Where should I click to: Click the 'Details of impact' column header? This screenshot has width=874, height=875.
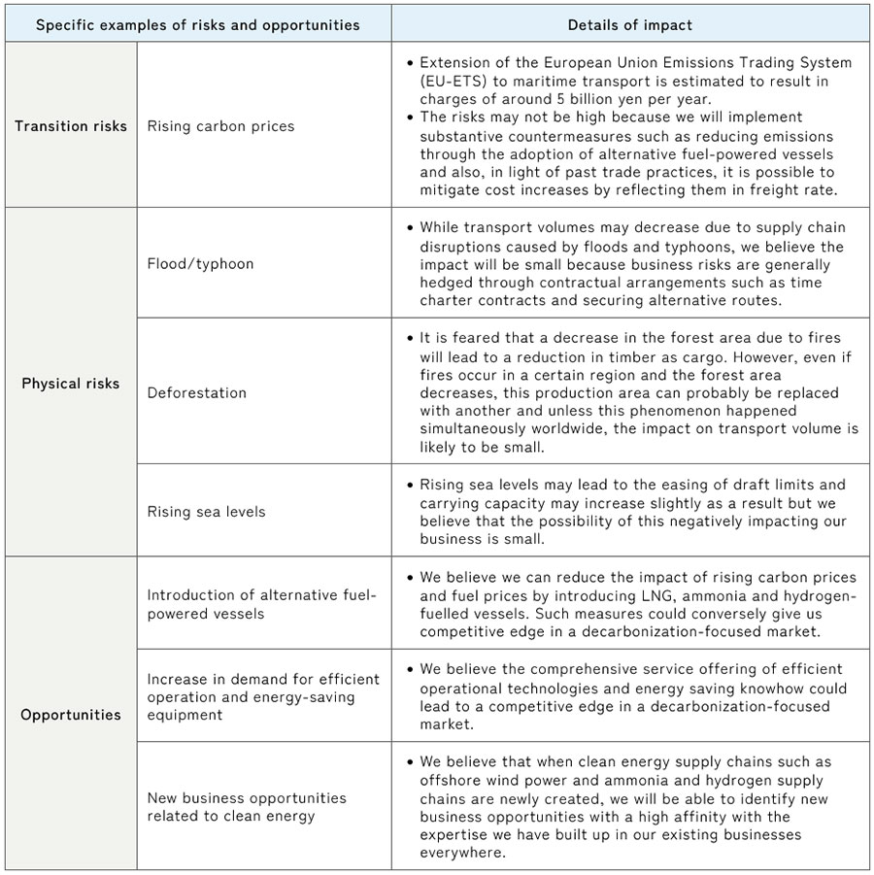click(630, 24)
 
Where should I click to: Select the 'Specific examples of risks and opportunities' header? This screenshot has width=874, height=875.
click(197, 24)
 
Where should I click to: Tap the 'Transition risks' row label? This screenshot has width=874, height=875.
click(71, 125)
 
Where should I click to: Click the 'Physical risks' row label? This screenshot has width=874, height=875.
click(71, 383)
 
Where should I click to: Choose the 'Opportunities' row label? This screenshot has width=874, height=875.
click(71, 715)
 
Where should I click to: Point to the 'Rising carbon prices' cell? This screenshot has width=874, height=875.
click(220, 125)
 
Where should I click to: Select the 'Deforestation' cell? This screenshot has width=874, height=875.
click(197, 392)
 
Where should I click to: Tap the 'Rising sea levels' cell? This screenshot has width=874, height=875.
click(206, 512)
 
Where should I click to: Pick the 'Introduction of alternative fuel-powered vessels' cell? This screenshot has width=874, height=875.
click(261, 604)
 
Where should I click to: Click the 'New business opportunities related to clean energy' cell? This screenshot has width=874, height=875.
click(247, 806)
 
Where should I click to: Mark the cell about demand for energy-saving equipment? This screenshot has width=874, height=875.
click(263, 697)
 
